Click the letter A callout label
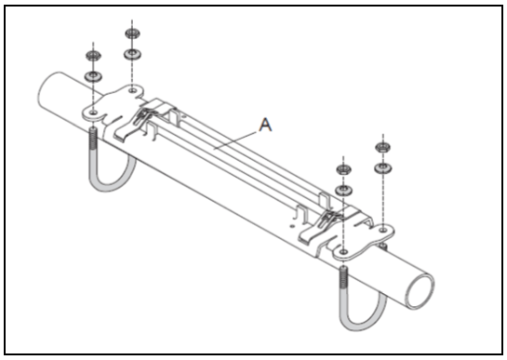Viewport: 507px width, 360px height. [265, 125]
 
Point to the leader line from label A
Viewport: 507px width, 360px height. [236, 140]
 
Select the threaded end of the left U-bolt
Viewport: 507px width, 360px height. [92, 140]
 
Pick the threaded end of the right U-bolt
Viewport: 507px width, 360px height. [343, 277]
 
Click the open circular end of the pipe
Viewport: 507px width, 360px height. [420, 291]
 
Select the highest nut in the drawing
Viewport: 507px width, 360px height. [132, 33]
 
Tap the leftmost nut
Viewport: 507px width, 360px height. [93, 55]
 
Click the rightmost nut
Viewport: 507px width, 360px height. [383, 148]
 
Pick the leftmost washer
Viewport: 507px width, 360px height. [93, 76]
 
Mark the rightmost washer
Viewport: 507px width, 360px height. [383, 168]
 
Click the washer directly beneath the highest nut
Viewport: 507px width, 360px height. [132, 54]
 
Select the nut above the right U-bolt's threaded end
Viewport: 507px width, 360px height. [343, 169]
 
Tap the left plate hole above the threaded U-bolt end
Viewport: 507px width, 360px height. [93, 113]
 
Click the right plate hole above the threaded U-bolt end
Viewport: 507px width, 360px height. [344, 251]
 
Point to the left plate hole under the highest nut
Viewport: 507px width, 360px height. [132, 90]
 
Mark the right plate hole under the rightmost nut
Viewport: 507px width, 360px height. [383, 230]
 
